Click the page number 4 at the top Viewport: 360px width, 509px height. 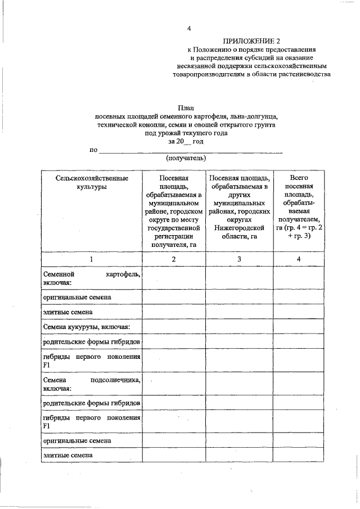(189, 29)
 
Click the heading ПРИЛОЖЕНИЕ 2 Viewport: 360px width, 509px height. (251, 41)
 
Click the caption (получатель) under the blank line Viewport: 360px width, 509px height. (185, 159)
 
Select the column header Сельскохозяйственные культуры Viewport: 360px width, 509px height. (92, 182)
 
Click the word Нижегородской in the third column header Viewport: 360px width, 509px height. (239, 228)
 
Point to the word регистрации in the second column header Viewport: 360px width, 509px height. (173, 237)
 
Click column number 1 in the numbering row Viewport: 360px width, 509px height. (92, 259)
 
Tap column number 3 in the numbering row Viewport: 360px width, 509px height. (239, 259)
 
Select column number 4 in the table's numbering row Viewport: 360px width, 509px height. (299, 259)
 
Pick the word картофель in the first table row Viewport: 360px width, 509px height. (122, 273)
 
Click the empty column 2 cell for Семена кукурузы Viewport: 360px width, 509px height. (173, 326)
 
